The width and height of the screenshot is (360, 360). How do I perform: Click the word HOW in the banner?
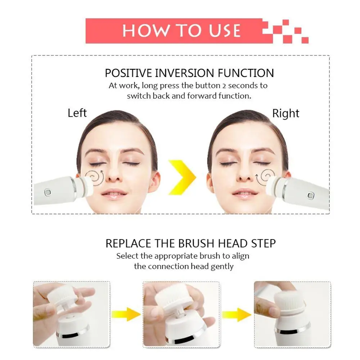coord(143,31)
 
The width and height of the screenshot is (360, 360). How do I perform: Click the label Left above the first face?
coord(77,113)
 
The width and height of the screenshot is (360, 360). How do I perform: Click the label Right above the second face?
coord(285,113)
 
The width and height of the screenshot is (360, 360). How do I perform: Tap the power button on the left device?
coord(47,192)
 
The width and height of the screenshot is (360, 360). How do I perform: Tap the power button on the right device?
coord(310,195)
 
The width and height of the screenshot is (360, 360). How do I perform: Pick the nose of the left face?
coord(114,173)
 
